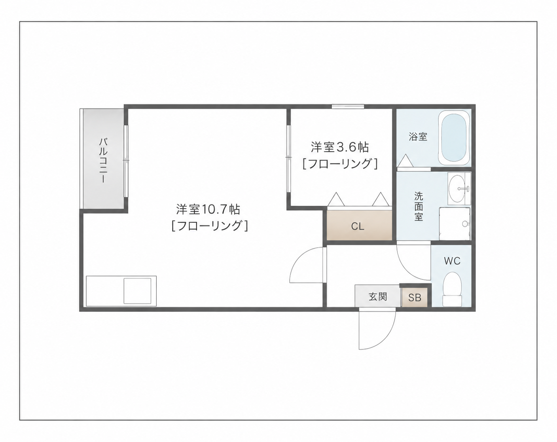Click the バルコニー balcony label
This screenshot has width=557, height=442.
pyautogui.click(x=103, y=161)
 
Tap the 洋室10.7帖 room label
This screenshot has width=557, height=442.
pyautogui.click(x=208, y=209)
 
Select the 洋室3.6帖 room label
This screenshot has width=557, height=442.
pyautogui.click(x=340, y=147)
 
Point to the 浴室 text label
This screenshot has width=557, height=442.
pyautogui.click(x=418, y=137)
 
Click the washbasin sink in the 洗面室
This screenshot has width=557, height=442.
pyautogui.click(x=459, y=189)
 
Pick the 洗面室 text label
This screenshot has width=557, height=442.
pyautogui.click(x=419, y=207)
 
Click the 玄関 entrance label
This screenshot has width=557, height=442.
pyautogui.click(x=378, y=297)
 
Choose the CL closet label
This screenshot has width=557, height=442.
pyautogui.click(x=358, y=227)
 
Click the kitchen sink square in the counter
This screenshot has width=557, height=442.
pyautogui.click(x=137, y=291)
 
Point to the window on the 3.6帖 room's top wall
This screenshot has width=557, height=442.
pyautogui.click(x=348, y=106)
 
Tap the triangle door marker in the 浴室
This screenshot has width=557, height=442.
pyautogui.click(x=405, y=161)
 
